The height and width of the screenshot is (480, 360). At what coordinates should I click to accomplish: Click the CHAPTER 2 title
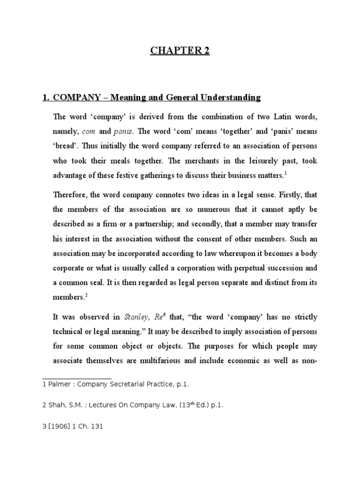[180, 51]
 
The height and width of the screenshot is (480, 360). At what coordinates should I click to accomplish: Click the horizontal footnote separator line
[77, 378]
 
